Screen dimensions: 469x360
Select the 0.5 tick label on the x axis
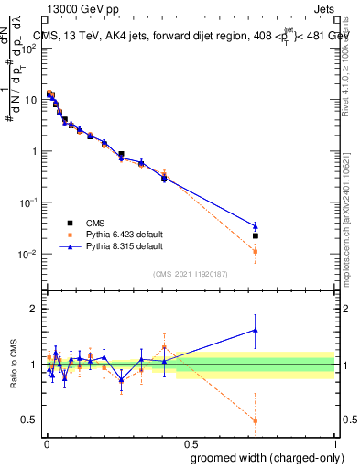pos(190,442)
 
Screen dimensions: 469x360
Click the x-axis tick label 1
pos(334,442)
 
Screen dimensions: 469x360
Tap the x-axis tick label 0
pos(46,442)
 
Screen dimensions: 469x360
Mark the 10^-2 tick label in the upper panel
pos(27,255)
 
